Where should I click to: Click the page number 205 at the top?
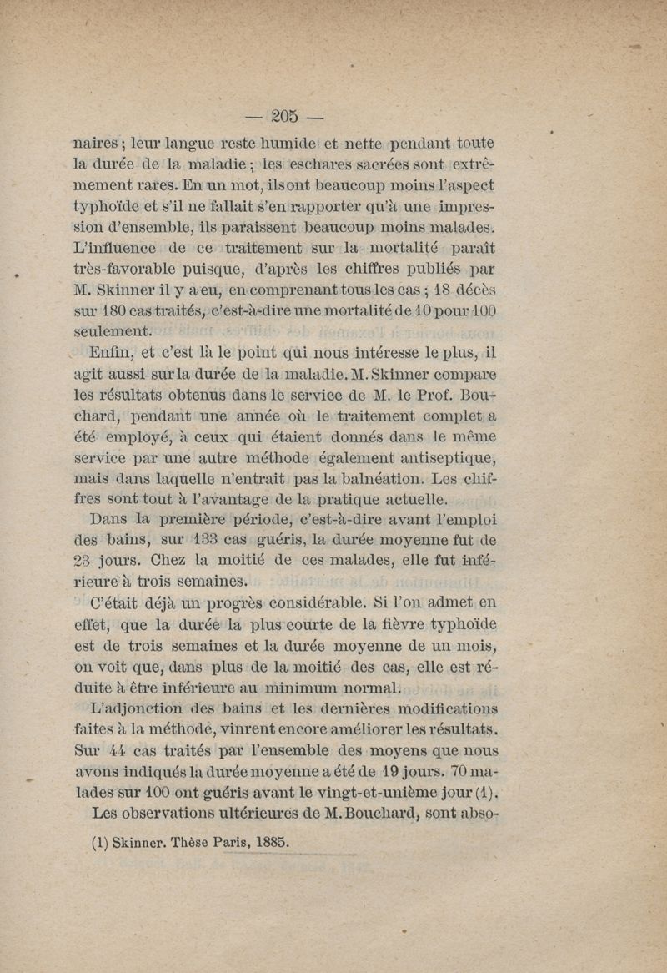(284, 114)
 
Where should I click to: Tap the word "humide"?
(279, 144)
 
